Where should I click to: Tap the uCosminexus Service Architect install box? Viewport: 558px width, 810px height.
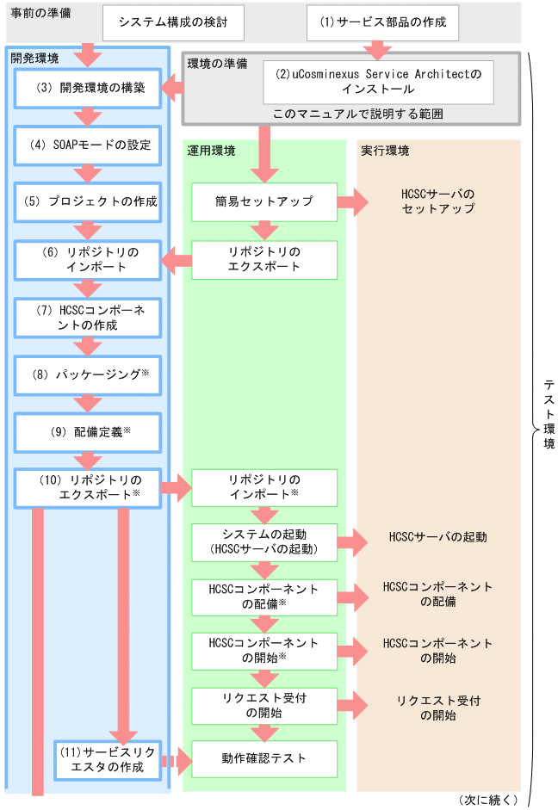(x=379, y=82)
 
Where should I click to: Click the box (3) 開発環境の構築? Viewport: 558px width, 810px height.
(x=88, y=88)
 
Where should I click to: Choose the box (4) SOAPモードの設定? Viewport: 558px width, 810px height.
(x=88, y=145)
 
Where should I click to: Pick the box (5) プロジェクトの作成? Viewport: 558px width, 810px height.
(x=88, y=202)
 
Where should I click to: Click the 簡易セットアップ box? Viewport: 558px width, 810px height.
(x=263, y=202)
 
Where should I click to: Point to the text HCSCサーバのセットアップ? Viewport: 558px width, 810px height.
(x=437, y=202)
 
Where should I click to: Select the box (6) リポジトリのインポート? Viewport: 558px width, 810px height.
(x=88, y=259)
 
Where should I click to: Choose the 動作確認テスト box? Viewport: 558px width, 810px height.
(x=263, y=759)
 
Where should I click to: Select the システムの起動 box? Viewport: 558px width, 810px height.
(x=263, y=541)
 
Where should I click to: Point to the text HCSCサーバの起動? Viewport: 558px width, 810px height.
(x=437, y=537)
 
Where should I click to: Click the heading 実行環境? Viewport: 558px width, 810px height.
(x=383, y=151)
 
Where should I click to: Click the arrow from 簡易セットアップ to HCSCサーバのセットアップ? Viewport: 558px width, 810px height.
(x=352, y=202)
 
